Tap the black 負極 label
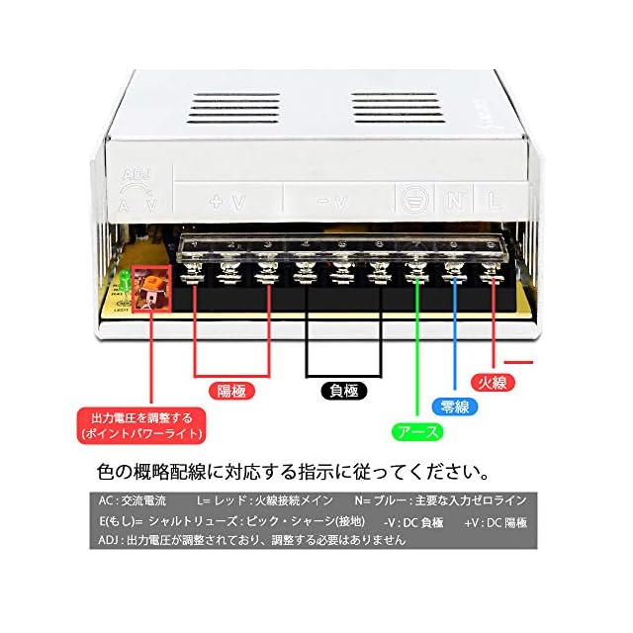coord(344,391)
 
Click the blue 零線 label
coord(455,406)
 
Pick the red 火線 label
coord(492,382)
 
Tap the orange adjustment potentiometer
coord(151,285)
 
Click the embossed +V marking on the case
coord(227,203)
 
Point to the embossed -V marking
coord(334,203)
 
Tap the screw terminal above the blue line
coord(455,267)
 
